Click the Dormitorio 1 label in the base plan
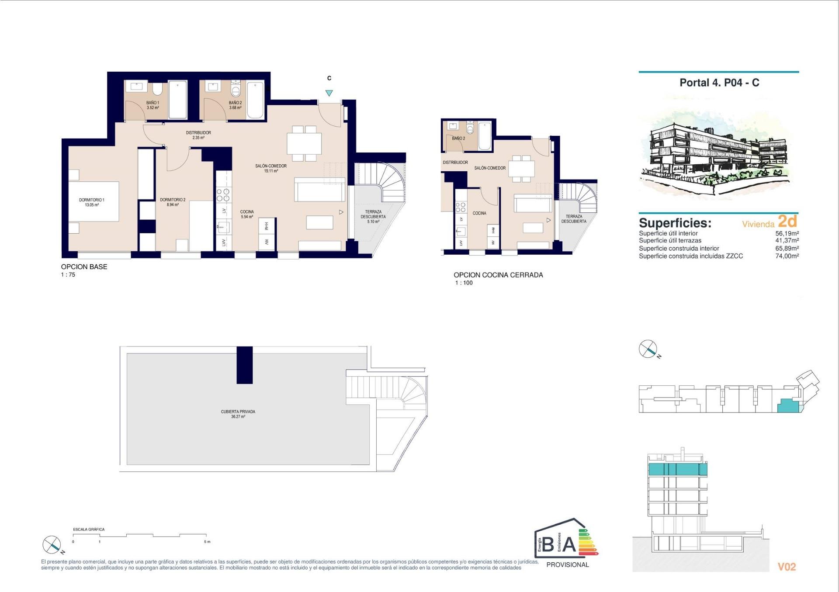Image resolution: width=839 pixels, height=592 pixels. [x=91, y=202]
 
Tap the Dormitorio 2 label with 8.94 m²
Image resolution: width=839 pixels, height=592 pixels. [x=173, y=202]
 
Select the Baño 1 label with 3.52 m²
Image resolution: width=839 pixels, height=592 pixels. [x=153, y=105]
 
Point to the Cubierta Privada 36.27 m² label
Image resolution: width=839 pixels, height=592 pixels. [x=238, y=414]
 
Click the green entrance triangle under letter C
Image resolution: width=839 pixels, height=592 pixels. [x=329, y=93]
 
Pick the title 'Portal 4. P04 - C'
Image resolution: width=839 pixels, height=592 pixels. [x=719, y=83]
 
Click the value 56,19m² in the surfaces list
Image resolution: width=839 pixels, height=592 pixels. [x=787, y=233]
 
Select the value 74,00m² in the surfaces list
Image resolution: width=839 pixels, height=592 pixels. [x=787, y=256]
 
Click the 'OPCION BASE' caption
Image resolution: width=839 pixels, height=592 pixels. [x=84, y=267]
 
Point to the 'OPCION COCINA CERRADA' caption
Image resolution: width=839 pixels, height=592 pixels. [x=498, y=275]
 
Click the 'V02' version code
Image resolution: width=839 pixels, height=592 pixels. [x=787, y=567]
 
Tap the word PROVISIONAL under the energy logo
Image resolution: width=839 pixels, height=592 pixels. [x=567, y=564]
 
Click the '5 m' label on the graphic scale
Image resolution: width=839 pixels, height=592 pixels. [x=207, y=542]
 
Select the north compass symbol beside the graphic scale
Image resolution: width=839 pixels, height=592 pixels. [x=52, y=544]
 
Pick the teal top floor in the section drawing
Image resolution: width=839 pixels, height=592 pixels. [x=677, y=469]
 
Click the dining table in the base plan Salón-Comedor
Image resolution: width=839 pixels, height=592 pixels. [x=304, y=143]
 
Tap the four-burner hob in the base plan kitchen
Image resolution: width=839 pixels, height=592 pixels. [x=223, y=195]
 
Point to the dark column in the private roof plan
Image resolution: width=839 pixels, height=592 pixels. [x=245, y=365]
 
